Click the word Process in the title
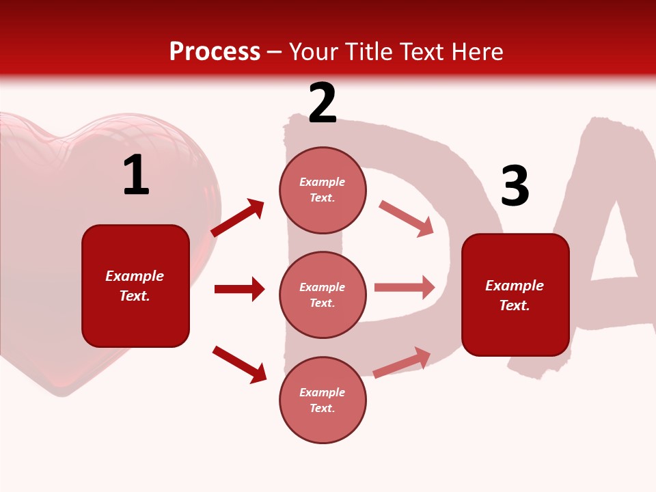click(x=215, y=52)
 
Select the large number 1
click(x=136, y=176)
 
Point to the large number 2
click(x=323, y=103)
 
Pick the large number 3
click(x=515, y=187)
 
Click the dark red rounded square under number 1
click(x=135, y=286)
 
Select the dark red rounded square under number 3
click(x=515, y=295)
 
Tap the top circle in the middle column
click(x=323, y=190)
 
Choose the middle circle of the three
click(x=323, y=295)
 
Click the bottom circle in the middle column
click(x=323, y=400)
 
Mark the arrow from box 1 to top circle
click(x=238, y=218)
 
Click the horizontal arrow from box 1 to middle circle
click(x=239, y=289)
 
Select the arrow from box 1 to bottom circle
click(x=239, y=364)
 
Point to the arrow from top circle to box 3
click(x=406, y=219)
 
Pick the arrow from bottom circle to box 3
click(x=402, y=362)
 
